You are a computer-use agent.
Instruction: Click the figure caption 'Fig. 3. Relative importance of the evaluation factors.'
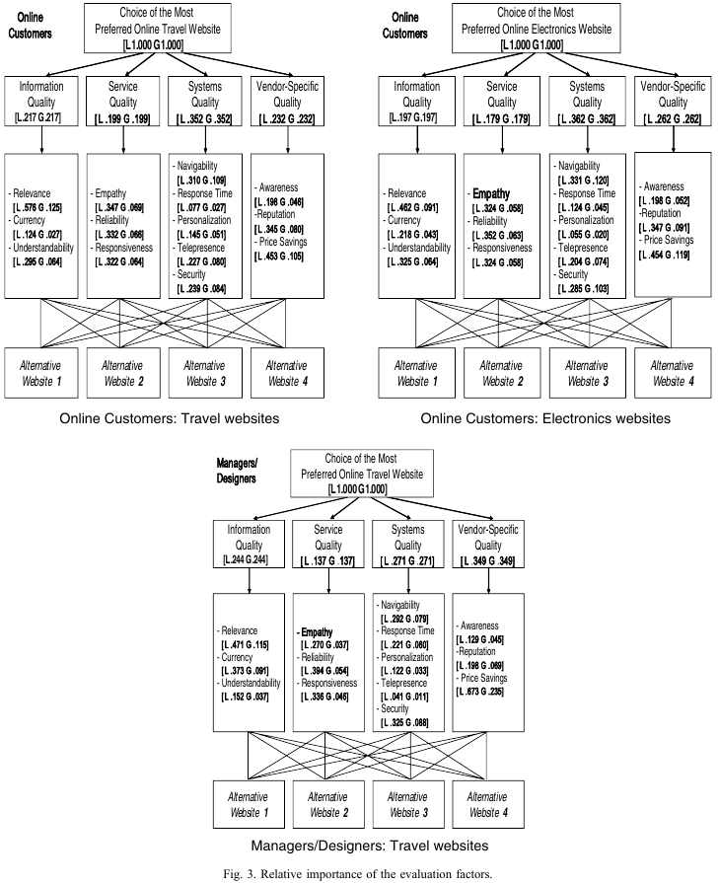tap(359, 872)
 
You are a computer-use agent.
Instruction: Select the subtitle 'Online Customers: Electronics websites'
tap(545, 418)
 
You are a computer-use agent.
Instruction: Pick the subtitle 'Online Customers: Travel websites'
tap(170, 418)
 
